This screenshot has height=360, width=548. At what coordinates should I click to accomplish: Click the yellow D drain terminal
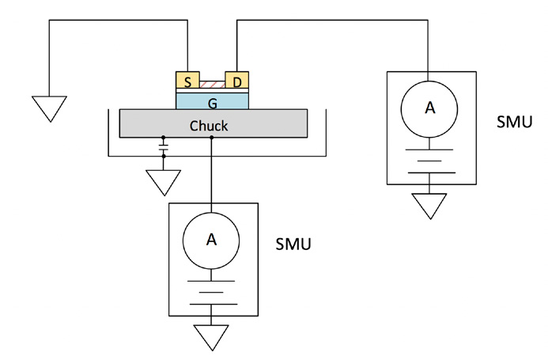click(237, 82)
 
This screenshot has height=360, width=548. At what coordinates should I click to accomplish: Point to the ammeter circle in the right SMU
click(430, 108)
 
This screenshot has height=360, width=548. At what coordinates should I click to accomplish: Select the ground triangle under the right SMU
click(430, 208)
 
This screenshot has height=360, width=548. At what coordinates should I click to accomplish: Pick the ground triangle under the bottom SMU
click(212, 338)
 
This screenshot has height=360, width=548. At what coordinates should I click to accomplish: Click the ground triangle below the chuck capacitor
click(164, 181)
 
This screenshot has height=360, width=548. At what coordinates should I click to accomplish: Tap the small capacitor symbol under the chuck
click(164, 147)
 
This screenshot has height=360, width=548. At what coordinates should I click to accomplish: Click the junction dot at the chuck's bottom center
click(212, 138)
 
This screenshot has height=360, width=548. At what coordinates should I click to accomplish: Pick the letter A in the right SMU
click(430, 108)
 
